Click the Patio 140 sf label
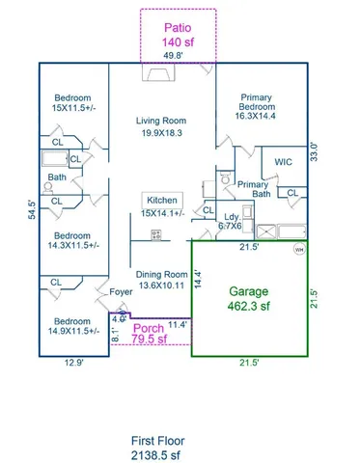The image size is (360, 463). [178, 35]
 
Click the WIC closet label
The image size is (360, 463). [283, 162]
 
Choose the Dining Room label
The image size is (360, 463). [161, 280]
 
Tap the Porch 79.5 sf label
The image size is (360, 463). [152, 332]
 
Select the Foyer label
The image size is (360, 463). [121, 291]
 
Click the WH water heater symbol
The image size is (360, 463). [298, 248]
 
